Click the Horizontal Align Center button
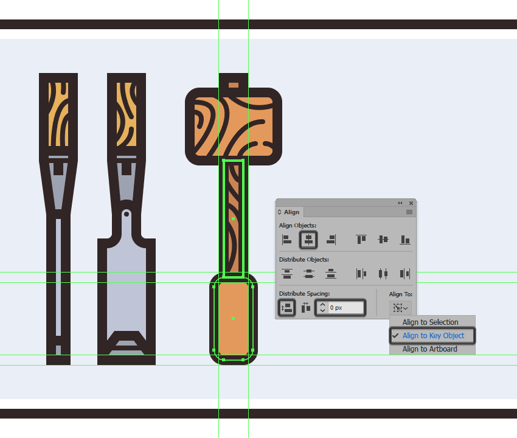click(308, 240)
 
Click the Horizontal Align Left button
click(286, 240)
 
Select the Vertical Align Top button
click(361, 240)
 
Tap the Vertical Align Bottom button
click(405, 240)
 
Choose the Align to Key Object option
click(432, 335)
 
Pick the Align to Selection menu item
click(430, 322)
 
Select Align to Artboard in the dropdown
click(429, 349)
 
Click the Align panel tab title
click(291, 212)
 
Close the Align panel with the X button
click(411, 203)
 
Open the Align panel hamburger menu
click(409, 212)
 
